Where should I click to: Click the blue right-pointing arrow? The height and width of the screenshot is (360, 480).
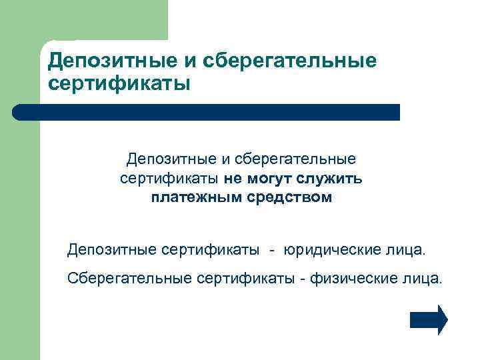[x=428, y=319]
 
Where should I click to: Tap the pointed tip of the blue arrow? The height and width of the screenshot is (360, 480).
[x=446, y=319]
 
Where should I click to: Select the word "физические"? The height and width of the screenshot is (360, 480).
[x=347, y=277]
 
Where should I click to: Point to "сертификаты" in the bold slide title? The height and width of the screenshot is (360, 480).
[x=119, y=85]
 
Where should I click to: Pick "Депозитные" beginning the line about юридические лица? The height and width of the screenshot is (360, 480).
[x=112, y=250]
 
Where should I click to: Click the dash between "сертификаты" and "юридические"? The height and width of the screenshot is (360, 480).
[x=272, y=251]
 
